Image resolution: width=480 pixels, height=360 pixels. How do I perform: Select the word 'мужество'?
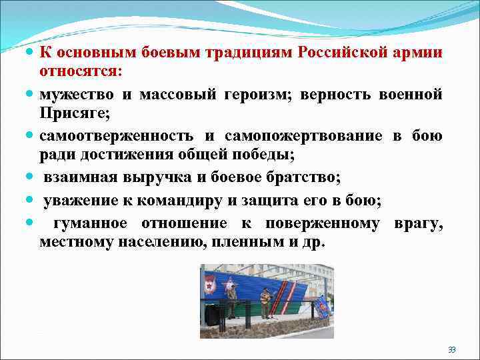pyautogui.click(x=69, y=95)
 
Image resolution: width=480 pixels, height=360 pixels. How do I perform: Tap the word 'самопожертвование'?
pyautogui.click(x=303, y=136)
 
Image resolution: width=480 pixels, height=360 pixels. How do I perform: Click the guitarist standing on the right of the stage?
pyautogui.click(x=265, y=302)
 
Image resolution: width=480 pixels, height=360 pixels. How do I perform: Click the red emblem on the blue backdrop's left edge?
pyautogui.click(x=210, y=285)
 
